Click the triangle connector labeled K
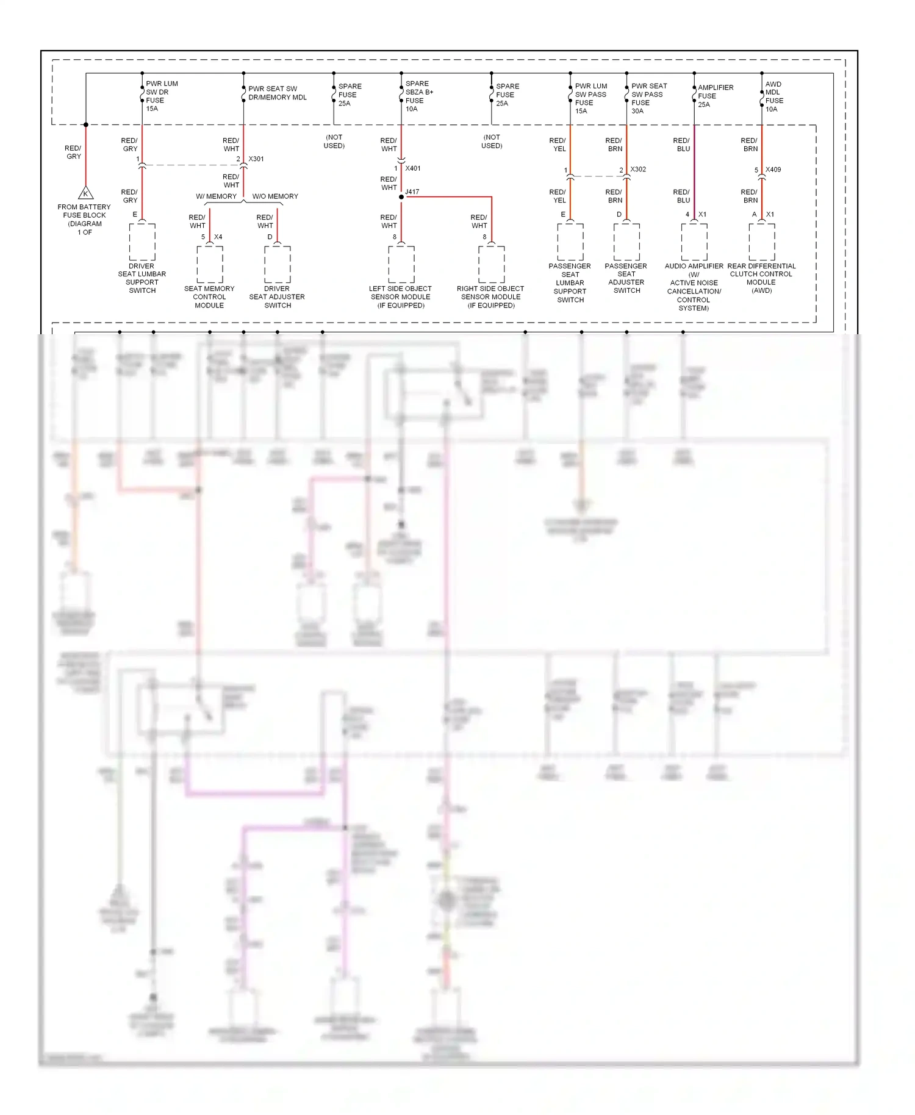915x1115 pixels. pyautogui.click(x=86, y=193)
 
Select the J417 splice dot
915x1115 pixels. pyautogui.click(x=401, y=197)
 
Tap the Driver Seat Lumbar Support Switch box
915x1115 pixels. pyautogui.click(x=142, y=242)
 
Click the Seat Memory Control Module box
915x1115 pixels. pyautogui.click(x=210, y=264)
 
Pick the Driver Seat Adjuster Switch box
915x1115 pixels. pyautogui.click(x=278, y=264)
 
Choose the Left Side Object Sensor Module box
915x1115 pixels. pyautogui.click(x=401, y=264)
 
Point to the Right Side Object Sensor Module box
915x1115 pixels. pyautogui.click(x=492, y=264)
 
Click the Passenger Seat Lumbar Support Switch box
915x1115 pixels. pyautogui.click(x=570, y=242)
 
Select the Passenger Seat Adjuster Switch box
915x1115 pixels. pyautogui.click(x=626, y=242)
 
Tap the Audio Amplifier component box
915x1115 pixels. pyautogui.click(x=694, y=242)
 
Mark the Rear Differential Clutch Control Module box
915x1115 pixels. pyautogui.click(x=762, y=242)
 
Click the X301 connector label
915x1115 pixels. pyautogui.click(x=256, y=159)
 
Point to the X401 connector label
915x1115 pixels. pyautogui.click(x=413, y=168)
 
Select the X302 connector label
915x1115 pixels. pyautogui.click(x=638, y=170)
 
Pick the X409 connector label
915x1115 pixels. pyautogui.click(x=773, y=170)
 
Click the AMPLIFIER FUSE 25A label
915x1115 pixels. pyautogui.click(x=715, y=96)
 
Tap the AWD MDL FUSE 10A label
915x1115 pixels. pyautogui.click(x=774, y=96)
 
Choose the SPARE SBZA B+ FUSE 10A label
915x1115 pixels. pyautogui.click(x=419, y=96)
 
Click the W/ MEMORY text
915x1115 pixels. pyautogui.click(x=216, y=196)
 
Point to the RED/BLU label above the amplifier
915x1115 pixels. pyautogui.click(x=681, y=145)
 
